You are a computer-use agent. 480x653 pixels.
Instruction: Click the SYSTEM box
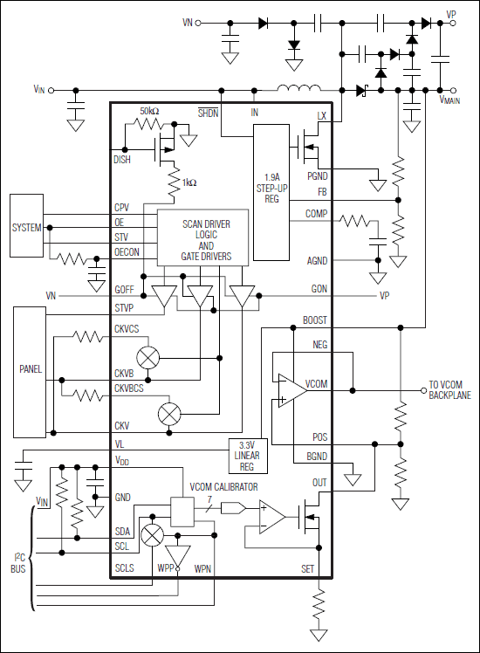coord(26,227)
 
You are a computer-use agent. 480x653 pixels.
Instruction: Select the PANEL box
coord(31,369)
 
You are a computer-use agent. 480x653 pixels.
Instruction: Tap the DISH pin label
coord(123,160)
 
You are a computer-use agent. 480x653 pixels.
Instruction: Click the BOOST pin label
coord(314,320)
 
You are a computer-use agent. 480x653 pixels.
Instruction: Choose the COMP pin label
coord(316,214)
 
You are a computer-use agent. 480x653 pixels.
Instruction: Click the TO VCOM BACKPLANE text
coord(450,390)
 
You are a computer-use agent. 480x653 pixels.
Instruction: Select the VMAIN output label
coord(449,100)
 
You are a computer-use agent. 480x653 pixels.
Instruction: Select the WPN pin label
coord(202,568)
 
